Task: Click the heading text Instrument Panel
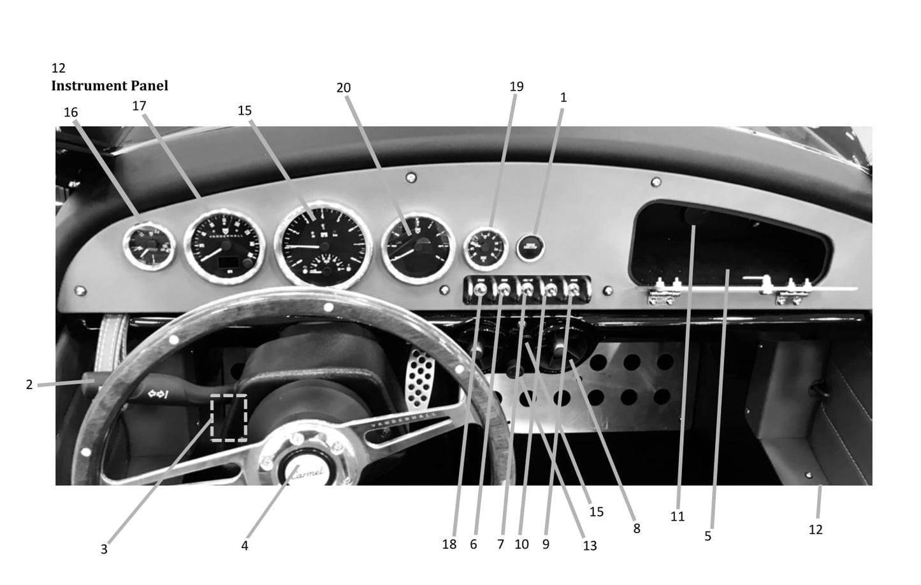110,85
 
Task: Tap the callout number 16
71,112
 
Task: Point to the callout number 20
344,88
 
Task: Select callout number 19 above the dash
517,86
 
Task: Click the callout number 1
563,98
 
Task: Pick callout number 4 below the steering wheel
245,546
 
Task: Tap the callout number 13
590,545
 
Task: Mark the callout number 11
678,516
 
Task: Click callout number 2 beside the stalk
29,385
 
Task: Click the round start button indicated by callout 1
529,246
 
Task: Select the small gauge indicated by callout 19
486,247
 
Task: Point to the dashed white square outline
229,418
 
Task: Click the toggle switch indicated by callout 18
481,290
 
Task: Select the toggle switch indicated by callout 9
574,290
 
